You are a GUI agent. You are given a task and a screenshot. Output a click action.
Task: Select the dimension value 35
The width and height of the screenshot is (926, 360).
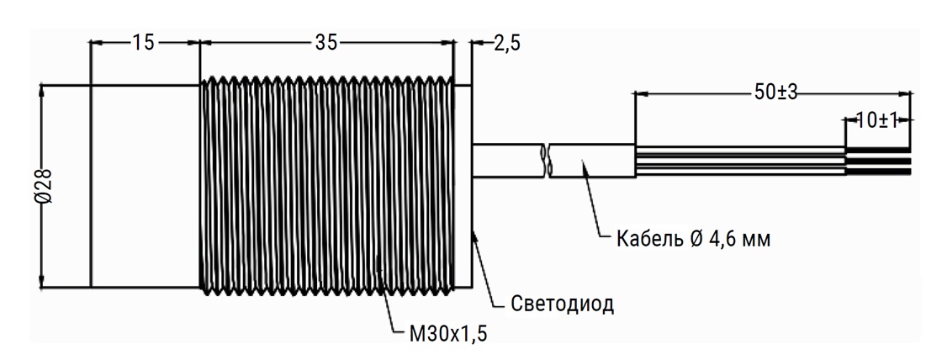click(x=326, y=43)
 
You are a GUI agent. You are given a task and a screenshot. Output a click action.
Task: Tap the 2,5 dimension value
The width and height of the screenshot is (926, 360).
click(x=506, y=44)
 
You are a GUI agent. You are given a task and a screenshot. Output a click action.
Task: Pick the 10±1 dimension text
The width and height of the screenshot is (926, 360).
click(x=876, y=120)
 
